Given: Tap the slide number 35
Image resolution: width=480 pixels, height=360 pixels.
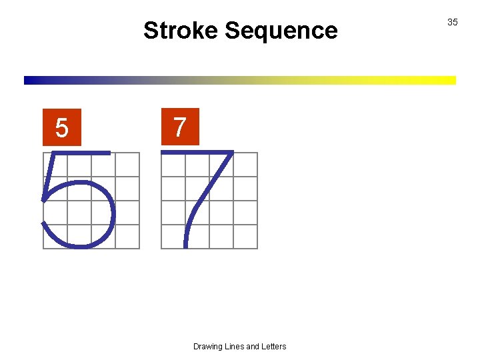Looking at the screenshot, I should (x=452, y=23).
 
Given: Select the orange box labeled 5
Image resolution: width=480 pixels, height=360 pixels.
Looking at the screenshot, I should (x=61, y=127).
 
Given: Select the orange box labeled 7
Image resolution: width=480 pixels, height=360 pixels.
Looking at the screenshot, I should (x=179, y=126).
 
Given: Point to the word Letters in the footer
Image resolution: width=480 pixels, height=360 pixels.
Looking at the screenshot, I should (x=273, y=347).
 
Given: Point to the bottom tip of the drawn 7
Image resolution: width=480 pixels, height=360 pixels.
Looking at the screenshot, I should (x=185, y=245).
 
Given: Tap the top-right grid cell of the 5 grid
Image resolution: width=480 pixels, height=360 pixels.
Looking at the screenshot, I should (x=127, y=165).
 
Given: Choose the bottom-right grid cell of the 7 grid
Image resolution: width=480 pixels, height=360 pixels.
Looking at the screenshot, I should (x=245, y=237).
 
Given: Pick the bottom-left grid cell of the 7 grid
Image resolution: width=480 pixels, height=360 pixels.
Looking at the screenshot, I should (x=173, y=237).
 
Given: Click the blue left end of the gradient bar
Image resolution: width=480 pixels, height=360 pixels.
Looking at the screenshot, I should (x=30, y=80).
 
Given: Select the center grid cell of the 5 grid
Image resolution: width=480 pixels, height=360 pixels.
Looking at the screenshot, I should (x=91, y=201).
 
